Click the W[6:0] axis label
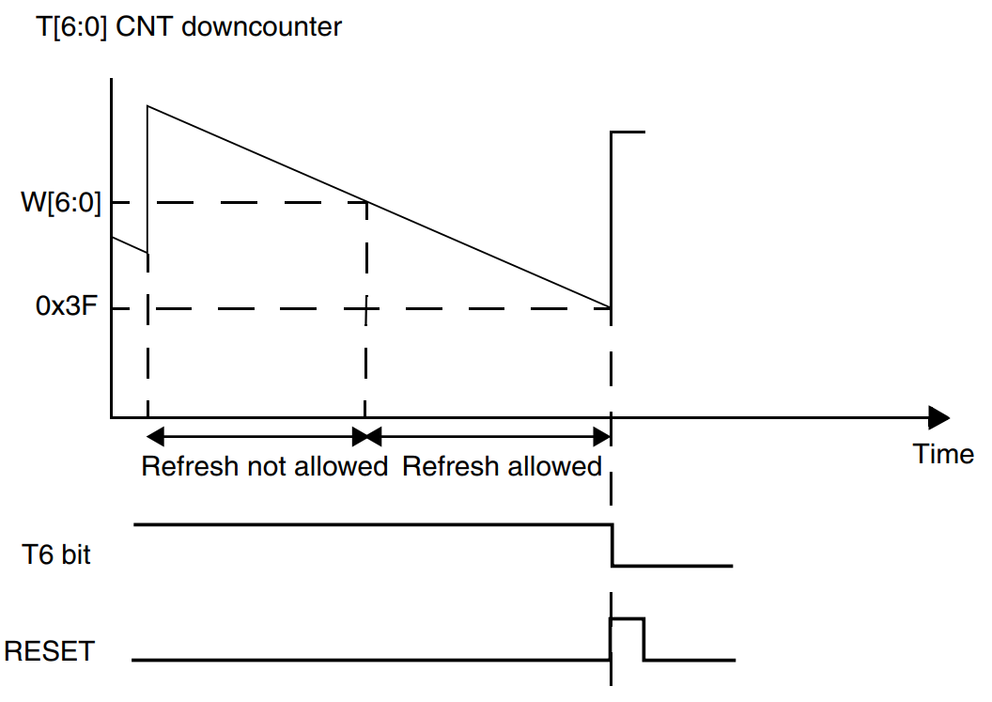click(x=61, y=203)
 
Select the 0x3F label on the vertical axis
click(x=67, y=305)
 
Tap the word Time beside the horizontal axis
click(x=942, y=454)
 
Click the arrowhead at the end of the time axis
click(x=938, y=418)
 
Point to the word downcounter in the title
click(x=262, y=26)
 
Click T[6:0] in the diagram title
click(x=70, y=27)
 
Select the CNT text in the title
click(x=144, y=26)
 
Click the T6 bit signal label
click(x=56, y=554)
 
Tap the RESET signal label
click(x=50, y=651)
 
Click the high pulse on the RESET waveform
click(x=627, y=618)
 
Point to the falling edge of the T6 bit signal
click(x=612, y=545)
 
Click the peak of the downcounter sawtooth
click(x=147, y=105)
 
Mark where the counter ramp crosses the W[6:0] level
click(x=367, y=203)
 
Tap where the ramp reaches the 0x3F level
click(x=611, y=308)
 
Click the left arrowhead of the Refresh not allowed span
click(x=155, y=436)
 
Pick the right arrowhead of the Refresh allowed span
click(x=601, y=436)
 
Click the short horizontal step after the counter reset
click(x=628, y=132)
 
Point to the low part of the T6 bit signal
click(x=673, y=566)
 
